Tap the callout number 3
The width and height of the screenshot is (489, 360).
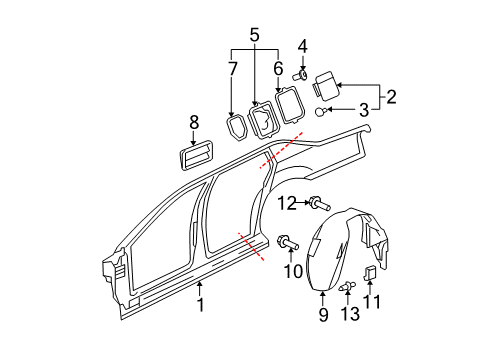coord(363,110)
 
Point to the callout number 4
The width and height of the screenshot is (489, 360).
coord(301,45)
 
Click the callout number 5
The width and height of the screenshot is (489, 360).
coord(254,36)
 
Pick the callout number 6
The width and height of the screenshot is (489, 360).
coord(278,68)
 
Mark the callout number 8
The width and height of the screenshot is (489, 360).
coord(195,125)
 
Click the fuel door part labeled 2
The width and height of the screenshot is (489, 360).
coord(327,82)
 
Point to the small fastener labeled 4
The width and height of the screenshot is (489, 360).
coord(300,74)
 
